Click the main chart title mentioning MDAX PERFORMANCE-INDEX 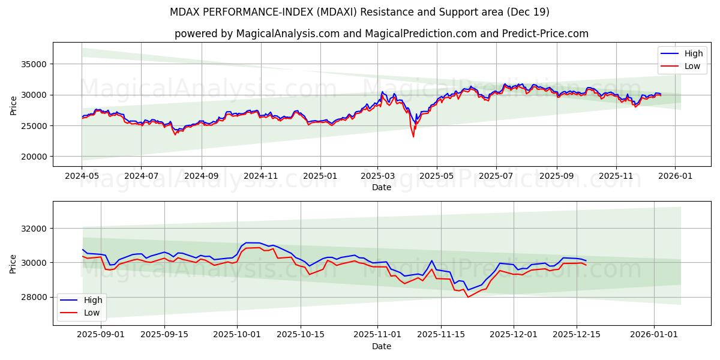[359, 12]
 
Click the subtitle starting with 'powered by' [381, 34]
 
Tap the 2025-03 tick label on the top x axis [377, 176]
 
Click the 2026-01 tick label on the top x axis [675, 176]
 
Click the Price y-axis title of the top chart [13, 104]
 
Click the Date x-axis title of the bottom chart [381, 346]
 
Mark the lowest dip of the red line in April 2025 [413, 137]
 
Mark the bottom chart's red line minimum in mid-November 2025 [468, 297]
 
